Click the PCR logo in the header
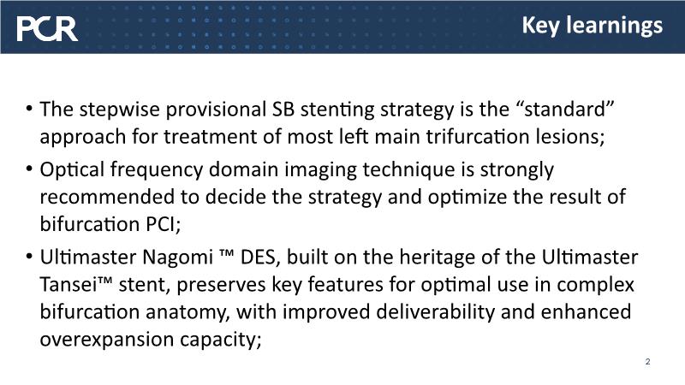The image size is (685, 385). (x=47, y=29)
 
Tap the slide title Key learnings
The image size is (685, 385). (x=592, y=26)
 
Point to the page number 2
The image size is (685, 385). (x=647, y=361)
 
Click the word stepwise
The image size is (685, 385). (x=119, y=110)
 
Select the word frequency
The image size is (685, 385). (x=157, y=169)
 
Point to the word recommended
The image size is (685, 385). (x=107, y=197)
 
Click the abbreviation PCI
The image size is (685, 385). (x=163, y=224)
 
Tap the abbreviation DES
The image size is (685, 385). (x=259, y=258)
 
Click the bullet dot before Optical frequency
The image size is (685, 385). (x=29, y=169)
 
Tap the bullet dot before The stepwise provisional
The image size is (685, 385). (x=29, y=109)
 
